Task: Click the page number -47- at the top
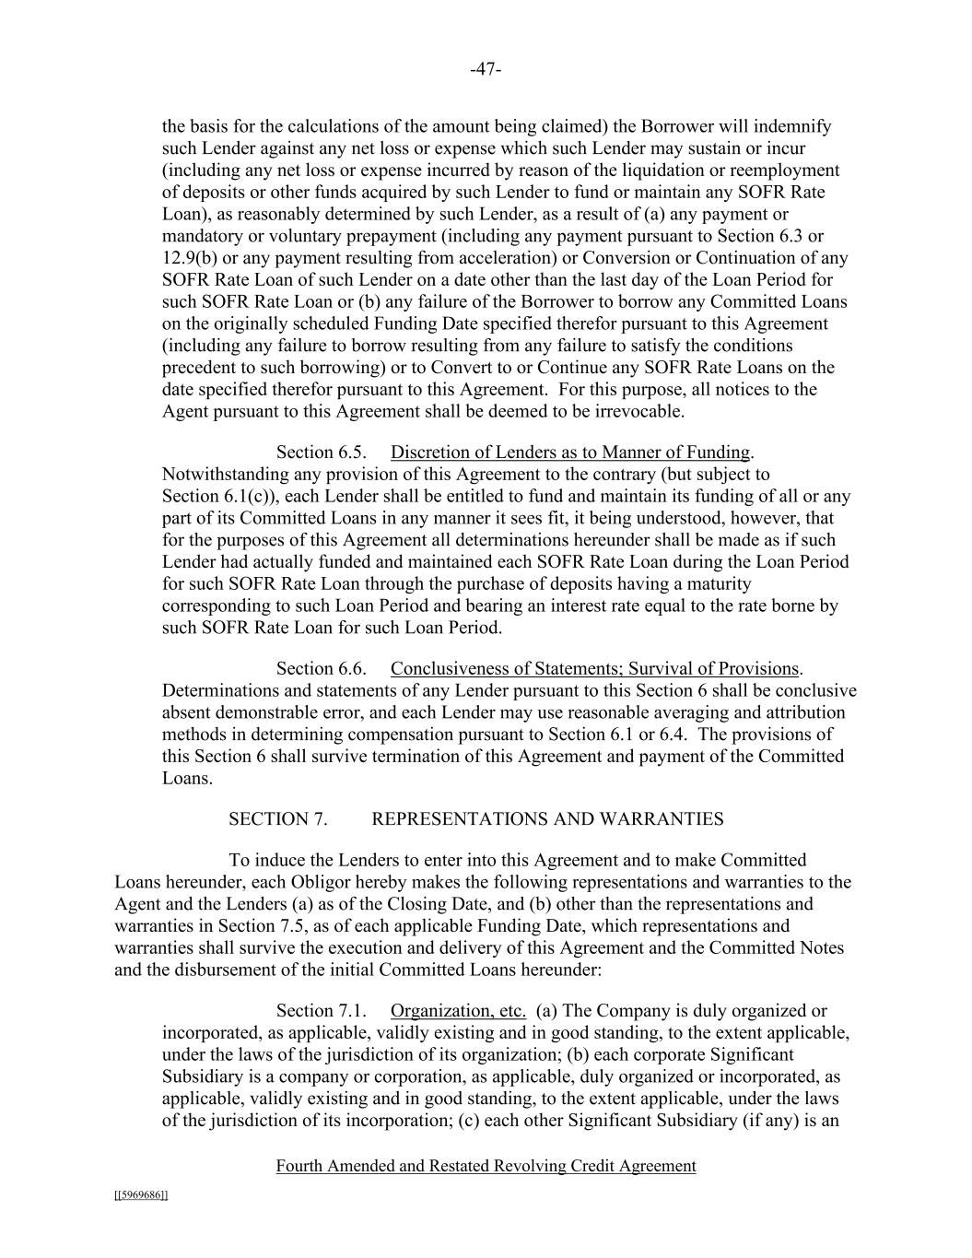point(486,69)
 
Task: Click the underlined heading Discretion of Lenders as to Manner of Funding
point(570,453)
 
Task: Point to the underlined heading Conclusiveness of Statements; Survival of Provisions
point(594,669)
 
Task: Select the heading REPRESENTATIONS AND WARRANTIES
point(547,819)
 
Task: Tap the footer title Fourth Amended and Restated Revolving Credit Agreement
point(486,1166)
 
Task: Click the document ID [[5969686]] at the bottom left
point(141,1195)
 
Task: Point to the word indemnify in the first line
point(795,127)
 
